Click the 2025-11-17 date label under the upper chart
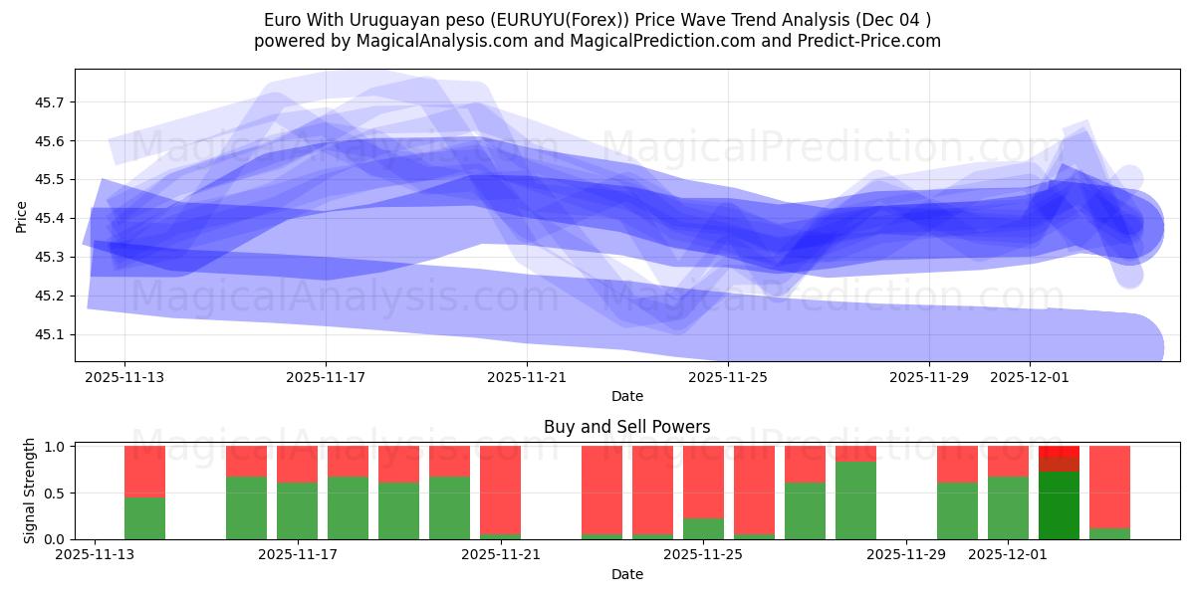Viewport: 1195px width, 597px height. tap(326, 377)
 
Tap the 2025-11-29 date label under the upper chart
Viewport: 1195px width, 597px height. tap(929, 377)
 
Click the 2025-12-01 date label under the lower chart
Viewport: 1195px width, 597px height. tap(1009, 555)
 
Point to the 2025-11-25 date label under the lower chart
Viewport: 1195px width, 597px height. tap(703, 555)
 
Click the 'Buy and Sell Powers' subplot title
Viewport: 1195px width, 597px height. tap(626, 427)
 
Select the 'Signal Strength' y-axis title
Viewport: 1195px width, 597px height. tap(29, 491)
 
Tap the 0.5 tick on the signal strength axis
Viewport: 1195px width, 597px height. tap(56, 493)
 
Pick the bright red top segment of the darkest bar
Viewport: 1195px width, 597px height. tap(1059, 452)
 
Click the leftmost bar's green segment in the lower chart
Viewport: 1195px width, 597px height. tap(144, 517)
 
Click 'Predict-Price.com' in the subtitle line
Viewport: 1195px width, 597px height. tap(873, 41)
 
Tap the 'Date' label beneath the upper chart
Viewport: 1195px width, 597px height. tap(626, 396)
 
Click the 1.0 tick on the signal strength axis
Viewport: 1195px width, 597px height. tap(56, 447)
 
